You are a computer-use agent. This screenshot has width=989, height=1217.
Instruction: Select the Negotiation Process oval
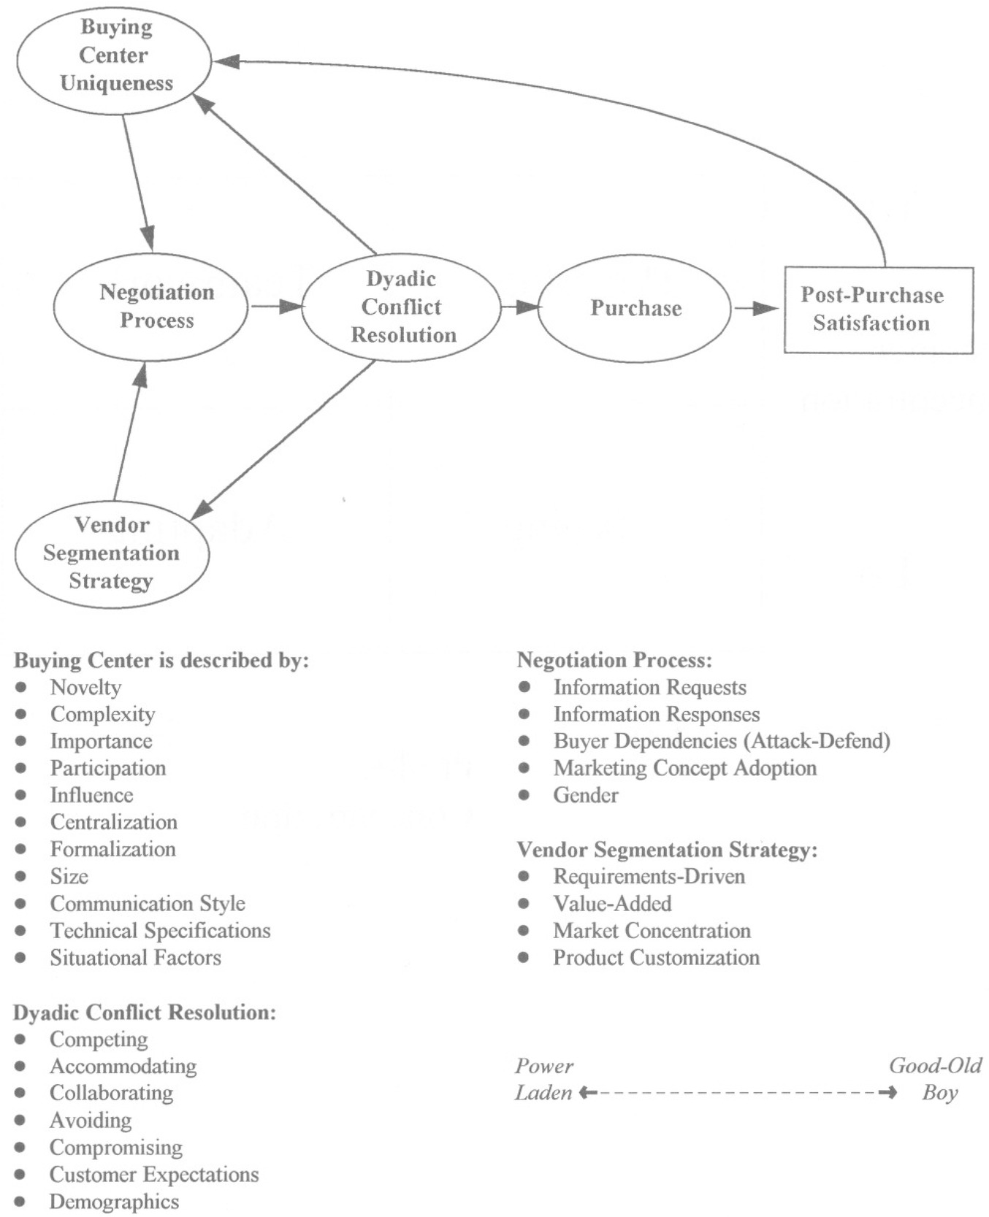[151, 307]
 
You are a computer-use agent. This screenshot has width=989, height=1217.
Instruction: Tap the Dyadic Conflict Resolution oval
[402, 307]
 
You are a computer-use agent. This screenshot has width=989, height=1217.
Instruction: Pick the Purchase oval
[635, 308]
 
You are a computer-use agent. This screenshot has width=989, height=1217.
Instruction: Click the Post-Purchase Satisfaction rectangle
[878, 310]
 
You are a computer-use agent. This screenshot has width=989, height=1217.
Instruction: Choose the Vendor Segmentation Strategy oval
[112, 553]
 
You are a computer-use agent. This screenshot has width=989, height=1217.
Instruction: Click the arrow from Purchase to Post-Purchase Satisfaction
[756, 309]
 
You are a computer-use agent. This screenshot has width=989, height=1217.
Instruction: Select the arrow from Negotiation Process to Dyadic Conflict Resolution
[276, 307]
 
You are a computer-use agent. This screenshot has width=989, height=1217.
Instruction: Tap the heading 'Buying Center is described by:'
[161, 661]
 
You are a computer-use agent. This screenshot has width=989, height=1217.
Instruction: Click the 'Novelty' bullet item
[85, 688]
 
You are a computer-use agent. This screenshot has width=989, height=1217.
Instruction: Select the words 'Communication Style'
[148, 904]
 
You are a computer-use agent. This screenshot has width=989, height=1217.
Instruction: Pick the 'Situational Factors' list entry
[135, 958]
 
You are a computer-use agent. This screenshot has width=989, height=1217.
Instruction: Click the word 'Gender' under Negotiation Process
[586, 796]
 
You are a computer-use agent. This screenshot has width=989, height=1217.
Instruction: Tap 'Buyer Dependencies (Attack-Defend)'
[722, 742]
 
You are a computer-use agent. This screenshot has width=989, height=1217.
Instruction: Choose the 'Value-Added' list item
[612, 904]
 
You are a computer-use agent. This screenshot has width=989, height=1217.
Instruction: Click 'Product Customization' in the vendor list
[656, 958]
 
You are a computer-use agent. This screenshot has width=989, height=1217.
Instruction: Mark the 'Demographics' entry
[114, 1202]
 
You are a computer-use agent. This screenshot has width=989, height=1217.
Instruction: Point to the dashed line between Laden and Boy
[738, 1093]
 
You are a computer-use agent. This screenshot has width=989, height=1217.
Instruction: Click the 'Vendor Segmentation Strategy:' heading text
[667, 850]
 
